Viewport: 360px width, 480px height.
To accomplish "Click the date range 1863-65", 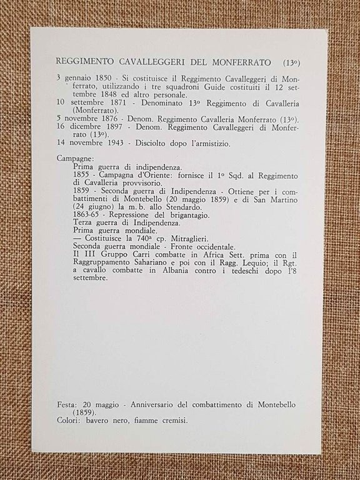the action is pyautogui.click(x=87, y=214).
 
